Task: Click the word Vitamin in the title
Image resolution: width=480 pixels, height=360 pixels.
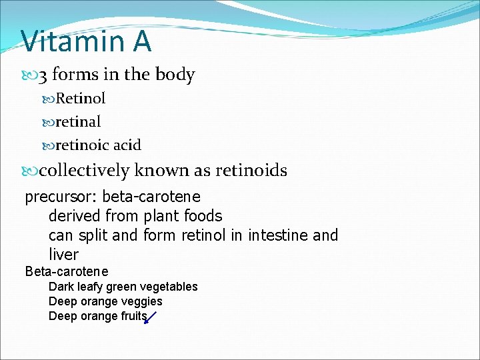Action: pyautogui.click(x=69, y=41)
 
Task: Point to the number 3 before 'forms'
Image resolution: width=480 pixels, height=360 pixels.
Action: pyautogui.click(x=43, y=75)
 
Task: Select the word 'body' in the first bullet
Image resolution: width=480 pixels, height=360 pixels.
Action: pyautogui.click(x=175, y=75)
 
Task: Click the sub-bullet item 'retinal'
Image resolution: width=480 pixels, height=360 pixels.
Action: pyautogui.click(x=78, y=122)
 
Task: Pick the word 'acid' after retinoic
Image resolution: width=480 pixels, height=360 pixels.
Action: pyautogui.click(x=127, y=145)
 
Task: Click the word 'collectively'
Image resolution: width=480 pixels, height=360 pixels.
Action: pyautogui.click(x=84, y=171)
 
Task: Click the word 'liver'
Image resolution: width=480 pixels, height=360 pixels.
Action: pyautogui.click(x=63, y=255)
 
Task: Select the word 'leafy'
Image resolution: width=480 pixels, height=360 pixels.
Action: pyautogui.click(x=89, y=287)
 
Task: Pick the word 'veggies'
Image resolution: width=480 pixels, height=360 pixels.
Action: pyautogui.click(x=142, y=301)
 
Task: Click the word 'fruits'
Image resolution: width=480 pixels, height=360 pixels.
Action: pyautogui.click(x=133, y=316)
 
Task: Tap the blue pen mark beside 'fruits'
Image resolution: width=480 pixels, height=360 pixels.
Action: pyautogui.click(x=150, y=317)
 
